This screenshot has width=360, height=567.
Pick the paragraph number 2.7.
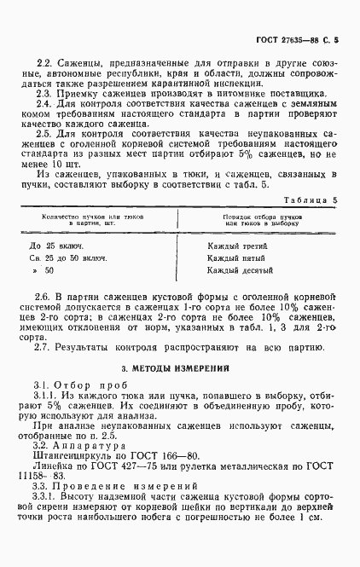coord(44,347)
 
